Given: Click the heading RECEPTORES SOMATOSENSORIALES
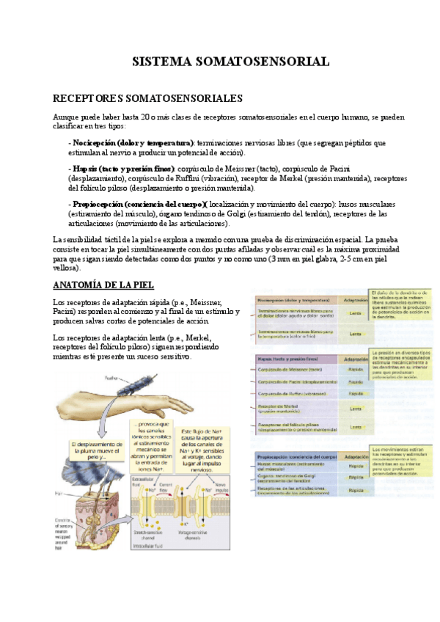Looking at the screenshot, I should (x=148, y=98).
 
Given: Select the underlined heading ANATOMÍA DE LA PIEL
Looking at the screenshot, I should (x=103, y=285).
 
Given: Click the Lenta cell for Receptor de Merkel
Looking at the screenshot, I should (x=356, y=409).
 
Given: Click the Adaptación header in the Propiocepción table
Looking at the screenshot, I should (x=356, y=456).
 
